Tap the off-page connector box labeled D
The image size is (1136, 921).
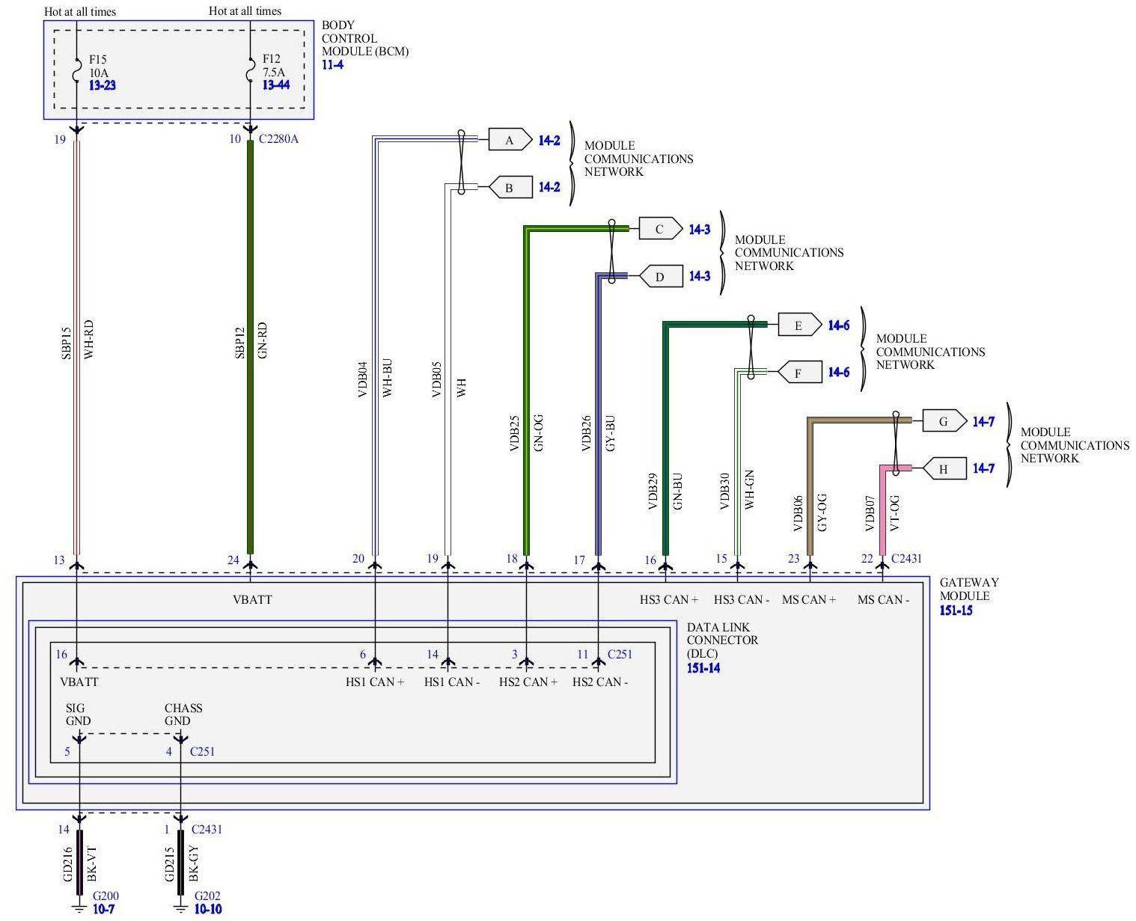point(660,277)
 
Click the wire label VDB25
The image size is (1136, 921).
point(514,434)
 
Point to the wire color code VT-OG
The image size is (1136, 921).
point(894,512)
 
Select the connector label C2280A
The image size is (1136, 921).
point(278,139)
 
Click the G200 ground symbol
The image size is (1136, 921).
point(78,909)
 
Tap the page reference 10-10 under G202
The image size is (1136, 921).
point(207,909)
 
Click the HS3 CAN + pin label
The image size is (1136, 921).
point(668,599)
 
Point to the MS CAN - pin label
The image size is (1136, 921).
point(883,599)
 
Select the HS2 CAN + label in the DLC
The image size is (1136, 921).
point(528,682)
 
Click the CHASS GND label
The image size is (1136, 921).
point(183,715)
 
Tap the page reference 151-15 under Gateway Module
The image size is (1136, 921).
point(956,610)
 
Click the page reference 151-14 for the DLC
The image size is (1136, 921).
point(703,667)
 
